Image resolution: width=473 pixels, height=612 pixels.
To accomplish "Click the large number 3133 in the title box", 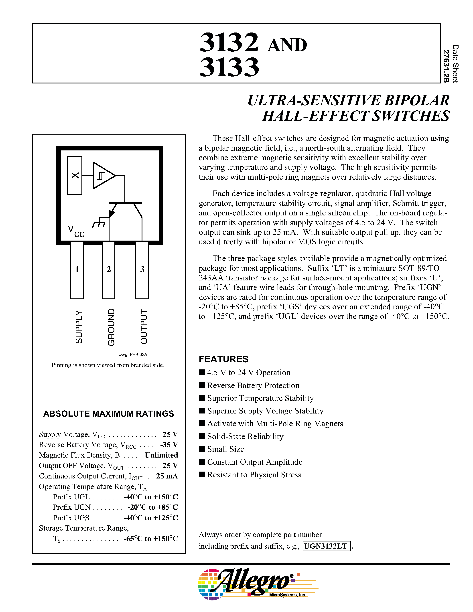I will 229,67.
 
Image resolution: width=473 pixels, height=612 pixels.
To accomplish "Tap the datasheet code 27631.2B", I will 446,66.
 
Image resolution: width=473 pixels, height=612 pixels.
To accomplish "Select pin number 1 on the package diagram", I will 77,269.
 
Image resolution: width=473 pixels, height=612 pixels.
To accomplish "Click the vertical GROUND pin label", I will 111,327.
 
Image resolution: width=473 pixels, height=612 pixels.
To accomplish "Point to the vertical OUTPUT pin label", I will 144,326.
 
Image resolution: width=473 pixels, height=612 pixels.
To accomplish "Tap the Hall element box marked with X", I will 75,175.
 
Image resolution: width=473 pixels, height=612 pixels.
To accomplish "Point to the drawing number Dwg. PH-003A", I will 133,355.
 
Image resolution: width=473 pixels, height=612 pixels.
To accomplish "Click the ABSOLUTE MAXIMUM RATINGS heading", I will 108,414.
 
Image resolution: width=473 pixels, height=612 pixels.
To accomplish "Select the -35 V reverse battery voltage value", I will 169,445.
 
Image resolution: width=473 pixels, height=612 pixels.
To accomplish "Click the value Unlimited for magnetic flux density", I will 161,455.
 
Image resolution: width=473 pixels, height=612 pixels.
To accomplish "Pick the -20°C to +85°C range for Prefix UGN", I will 152,507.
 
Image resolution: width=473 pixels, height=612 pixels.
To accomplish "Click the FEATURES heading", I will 223,359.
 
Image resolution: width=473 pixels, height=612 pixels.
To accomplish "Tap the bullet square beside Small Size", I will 202,449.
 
